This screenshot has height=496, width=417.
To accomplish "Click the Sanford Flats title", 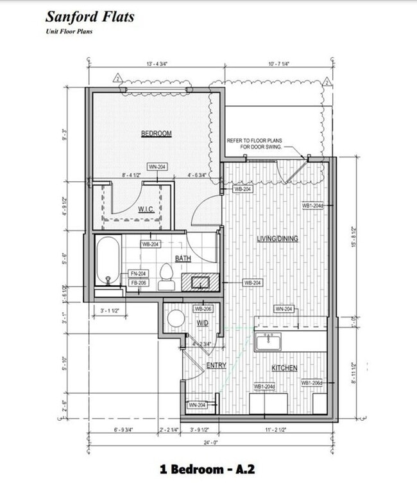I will [x=89, y=17].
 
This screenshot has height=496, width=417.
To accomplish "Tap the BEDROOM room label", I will [x=157, y=134].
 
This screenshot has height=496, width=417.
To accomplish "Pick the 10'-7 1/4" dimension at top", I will [x=280, y=64].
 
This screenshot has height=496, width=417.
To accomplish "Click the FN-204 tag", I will [x=138, y=273].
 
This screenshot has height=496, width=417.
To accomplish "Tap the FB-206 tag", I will [x=138, y=283].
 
